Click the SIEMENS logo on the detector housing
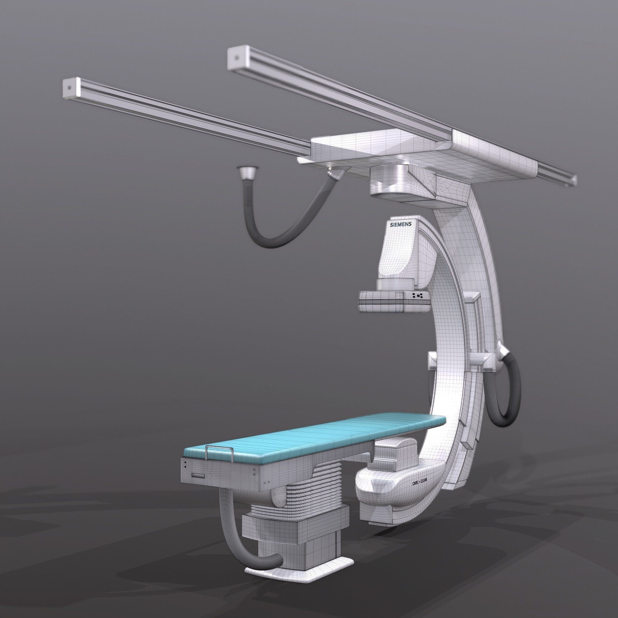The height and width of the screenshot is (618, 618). click(400, 225)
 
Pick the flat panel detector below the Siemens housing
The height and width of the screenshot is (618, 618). click(393, 302)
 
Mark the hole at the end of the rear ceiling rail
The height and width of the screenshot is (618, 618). click(236, 58)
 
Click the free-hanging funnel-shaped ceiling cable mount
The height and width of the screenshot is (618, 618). click(246, 173)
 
